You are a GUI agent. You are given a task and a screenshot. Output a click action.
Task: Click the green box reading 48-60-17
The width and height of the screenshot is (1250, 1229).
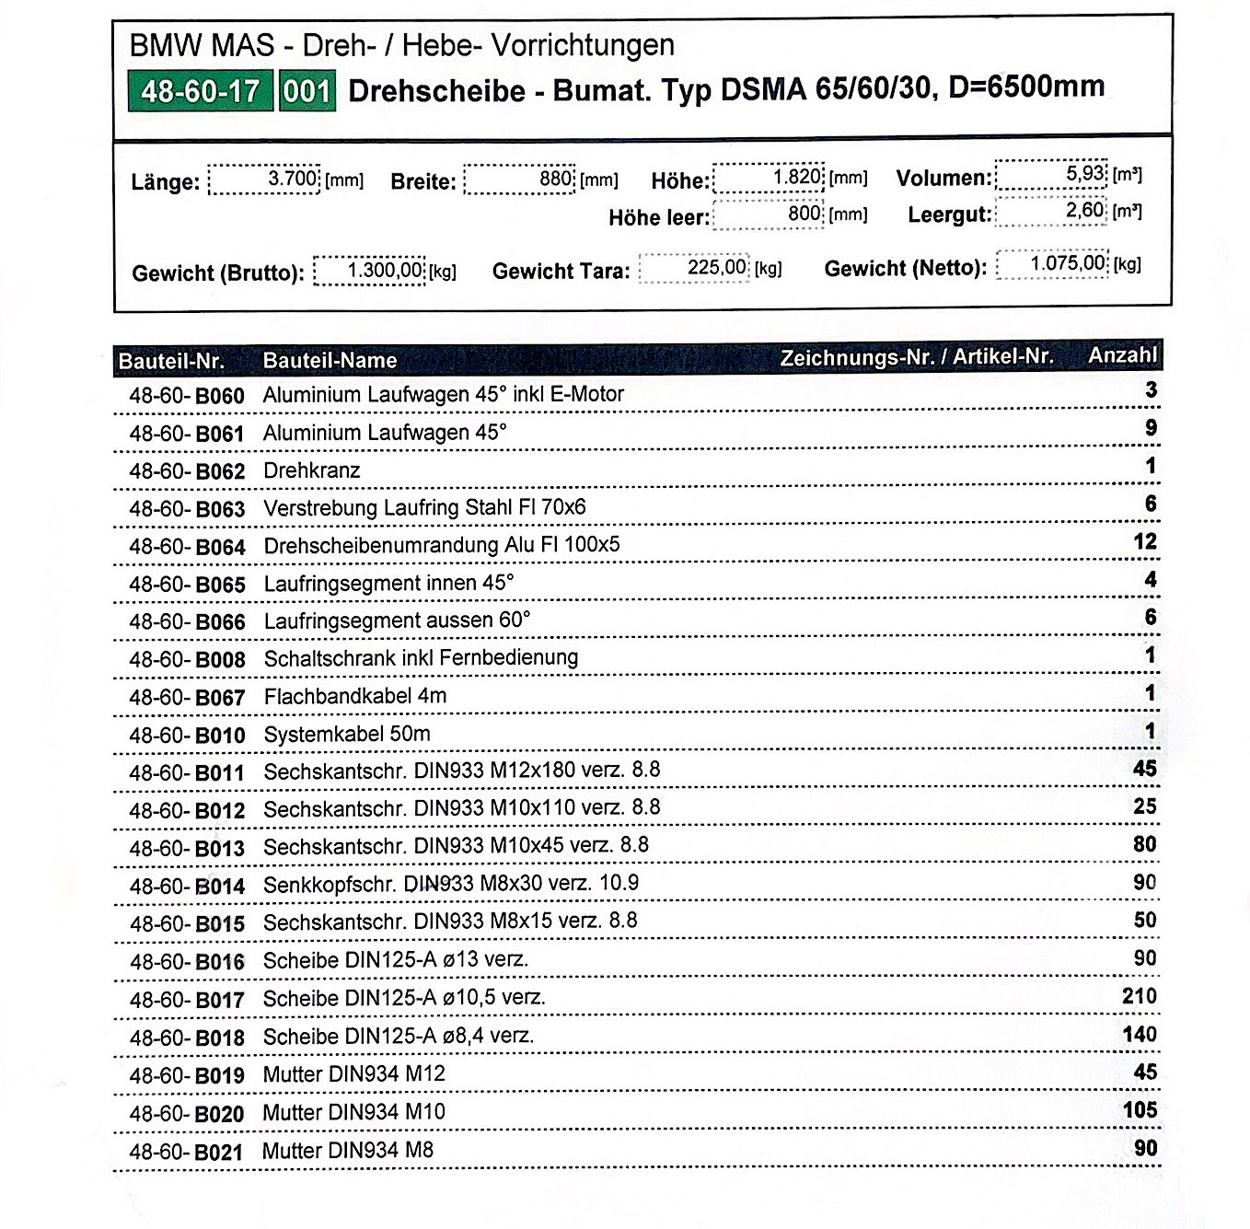(200, 91)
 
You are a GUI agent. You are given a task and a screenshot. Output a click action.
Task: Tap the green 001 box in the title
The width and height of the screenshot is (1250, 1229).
(307, 91)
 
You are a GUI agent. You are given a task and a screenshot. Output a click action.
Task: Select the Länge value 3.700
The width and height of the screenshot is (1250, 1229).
(293, 178)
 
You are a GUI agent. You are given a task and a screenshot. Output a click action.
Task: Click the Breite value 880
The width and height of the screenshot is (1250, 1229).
(556, 178)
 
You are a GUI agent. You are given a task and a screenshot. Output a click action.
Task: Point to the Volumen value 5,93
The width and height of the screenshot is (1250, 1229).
(1085, 173)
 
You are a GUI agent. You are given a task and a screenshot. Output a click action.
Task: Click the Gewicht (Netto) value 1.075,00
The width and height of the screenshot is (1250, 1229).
(1067, 263)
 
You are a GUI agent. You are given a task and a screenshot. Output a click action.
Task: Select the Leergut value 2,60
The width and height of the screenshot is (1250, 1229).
(1084, 210)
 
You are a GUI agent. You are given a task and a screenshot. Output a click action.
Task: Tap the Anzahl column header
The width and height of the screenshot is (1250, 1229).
(1122, 355)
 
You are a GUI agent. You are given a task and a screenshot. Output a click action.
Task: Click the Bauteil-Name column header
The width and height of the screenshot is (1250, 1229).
(330, 360)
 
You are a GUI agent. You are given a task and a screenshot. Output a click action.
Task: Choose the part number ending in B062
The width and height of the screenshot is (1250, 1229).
(187, 471)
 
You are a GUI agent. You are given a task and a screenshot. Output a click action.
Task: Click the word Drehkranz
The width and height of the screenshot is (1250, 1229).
(311, 470)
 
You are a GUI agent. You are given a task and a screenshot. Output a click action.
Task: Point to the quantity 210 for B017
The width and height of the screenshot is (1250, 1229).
(1139, 996)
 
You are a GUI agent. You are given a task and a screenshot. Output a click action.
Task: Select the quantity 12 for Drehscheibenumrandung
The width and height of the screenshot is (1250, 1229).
(1144, 541)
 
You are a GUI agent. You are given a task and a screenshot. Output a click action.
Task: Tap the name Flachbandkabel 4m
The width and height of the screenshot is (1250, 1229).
(354, 696)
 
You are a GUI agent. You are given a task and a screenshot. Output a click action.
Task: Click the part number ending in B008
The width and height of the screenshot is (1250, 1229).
(187, 660)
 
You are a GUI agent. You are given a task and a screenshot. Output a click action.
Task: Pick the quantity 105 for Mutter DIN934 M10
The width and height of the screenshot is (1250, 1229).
(1139, 1110)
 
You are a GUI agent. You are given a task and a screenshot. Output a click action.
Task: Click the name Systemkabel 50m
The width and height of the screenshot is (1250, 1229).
(346, 734)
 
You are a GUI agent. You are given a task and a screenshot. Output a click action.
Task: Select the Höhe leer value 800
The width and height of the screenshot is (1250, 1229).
(804, 214)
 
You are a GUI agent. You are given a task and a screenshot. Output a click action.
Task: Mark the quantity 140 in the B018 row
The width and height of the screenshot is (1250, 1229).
(1139, 1035)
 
